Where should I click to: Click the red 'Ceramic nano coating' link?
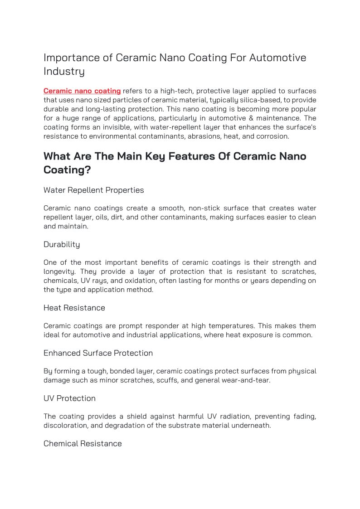point(82,91)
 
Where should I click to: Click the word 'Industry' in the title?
point(64,72)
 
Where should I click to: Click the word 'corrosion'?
point(271,136)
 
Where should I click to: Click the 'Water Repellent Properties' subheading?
point(93,190)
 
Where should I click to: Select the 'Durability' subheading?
point(62,245)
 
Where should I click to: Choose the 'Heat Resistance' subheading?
point(74,308)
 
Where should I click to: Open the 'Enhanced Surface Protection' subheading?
point(98,354)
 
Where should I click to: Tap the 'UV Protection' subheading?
point(69,399)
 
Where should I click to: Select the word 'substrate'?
point(184,426)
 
